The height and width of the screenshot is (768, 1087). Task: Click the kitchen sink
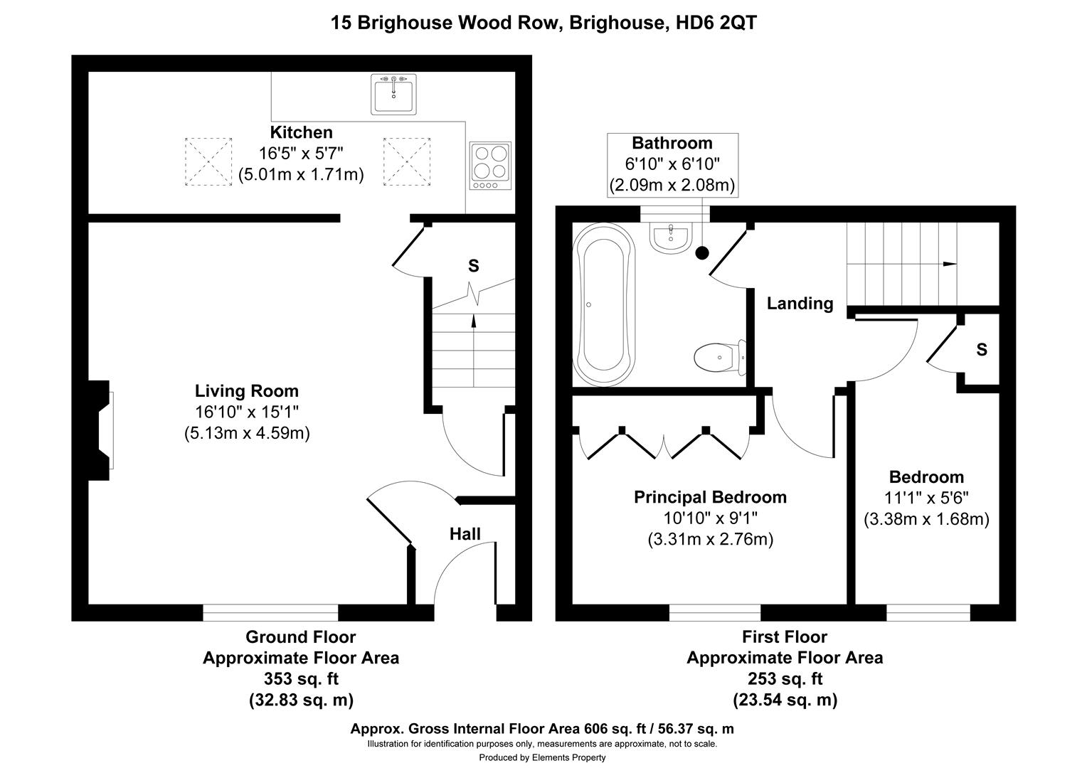[393, 95]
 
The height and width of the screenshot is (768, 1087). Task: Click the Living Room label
[247, 391]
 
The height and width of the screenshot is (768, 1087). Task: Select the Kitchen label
[301, 132]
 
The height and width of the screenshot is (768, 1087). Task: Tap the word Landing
[800, 304]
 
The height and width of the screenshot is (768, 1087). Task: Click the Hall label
[465, 534]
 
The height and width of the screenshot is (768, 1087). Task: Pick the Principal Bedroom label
[710, 497]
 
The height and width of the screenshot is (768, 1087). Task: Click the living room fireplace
[100, 430]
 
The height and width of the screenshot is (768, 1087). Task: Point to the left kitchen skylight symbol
[208, 162]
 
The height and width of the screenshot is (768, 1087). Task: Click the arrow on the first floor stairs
[949, 264]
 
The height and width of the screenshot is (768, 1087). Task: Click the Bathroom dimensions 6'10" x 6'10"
[672, 164]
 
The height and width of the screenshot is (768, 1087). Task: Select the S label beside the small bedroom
[982, 350]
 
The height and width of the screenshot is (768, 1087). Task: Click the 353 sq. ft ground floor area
[301, 678]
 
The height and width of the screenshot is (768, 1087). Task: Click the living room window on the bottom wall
[270, 612]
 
